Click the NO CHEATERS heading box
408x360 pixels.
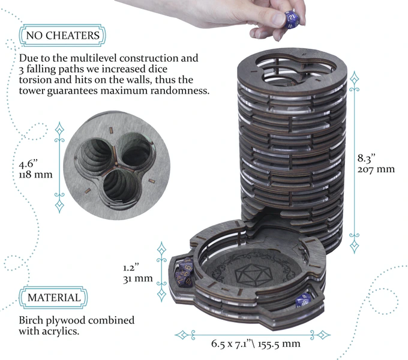tap(62, 36)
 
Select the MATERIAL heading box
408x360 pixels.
tap(53, 298)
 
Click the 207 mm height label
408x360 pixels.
tap(376, 169)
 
